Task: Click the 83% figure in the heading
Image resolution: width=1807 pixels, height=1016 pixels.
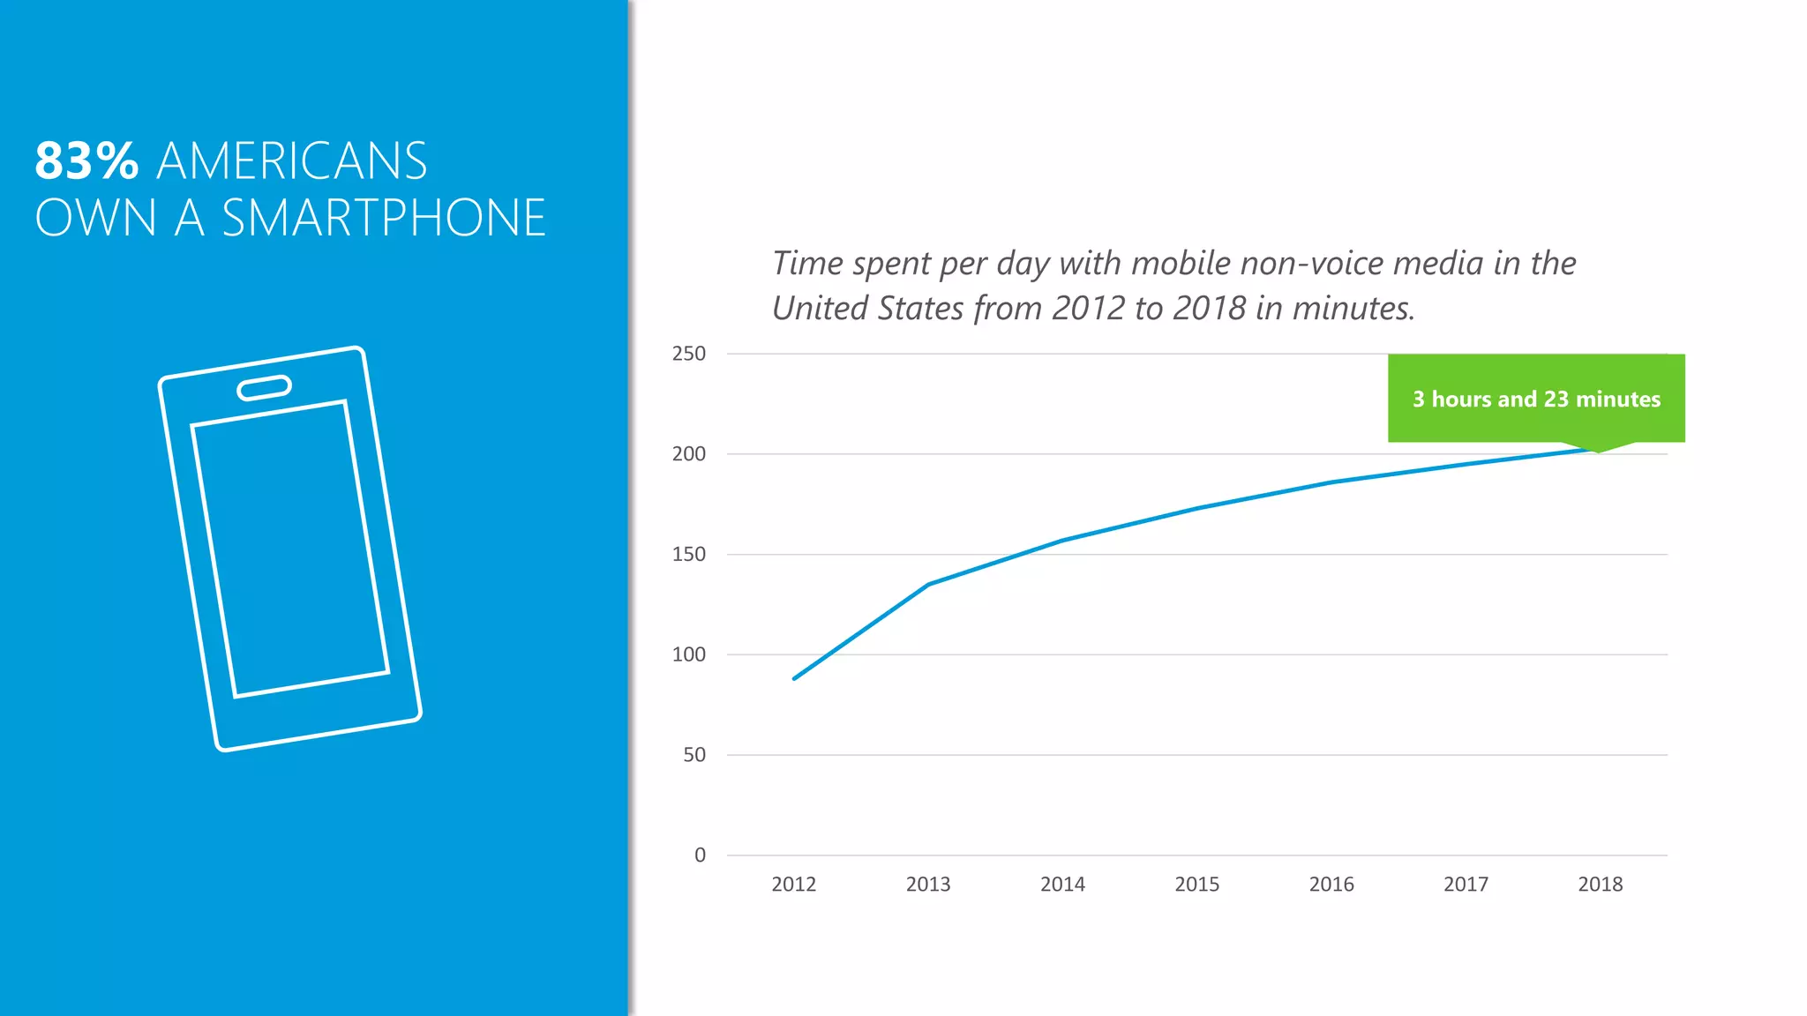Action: [x=86, y=161]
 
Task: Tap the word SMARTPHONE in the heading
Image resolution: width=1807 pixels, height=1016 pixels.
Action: [x=384, y=219]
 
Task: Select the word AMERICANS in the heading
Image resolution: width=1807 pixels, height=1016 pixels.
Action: [x=292, y=161]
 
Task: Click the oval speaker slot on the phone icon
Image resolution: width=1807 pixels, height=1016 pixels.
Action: [x=264, y=388]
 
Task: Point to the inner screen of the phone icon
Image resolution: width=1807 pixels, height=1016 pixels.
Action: [x=289, y=549]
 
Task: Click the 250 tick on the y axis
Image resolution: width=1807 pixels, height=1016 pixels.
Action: [x=688, y=354]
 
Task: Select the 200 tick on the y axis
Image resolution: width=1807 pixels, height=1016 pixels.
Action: [x=688, y=454]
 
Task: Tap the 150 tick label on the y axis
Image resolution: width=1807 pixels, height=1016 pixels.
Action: [x=688, y=555]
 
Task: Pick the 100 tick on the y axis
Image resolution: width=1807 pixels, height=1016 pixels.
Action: [x=688, y=654]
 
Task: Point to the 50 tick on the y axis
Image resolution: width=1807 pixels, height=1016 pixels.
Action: [x=694, y=755]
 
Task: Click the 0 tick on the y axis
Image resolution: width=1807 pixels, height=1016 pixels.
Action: [x=700, y=855]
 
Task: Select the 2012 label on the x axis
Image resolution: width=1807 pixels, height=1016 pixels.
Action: [x=793, y=884]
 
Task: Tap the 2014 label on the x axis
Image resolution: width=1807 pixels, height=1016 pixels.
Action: [x=1062, y=884]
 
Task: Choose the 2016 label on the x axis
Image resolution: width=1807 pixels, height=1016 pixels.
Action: [x=1331, y=884]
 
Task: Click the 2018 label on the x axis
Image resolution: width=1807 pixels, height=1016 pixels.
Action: [x=1600, y=884]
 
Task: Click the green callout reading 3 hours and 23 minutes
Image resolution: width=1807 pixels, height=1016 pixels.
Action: [x=1536, y=399]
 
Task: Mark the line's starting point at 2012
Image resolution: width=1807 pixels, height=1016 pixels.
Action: [x=794, y=678]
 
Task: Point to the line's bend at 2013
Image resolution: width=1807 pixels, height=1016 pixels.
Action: [x=928, y=584]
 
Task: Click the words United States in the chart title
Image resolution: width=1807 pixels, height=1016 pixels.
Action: [x=867, y=309]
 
